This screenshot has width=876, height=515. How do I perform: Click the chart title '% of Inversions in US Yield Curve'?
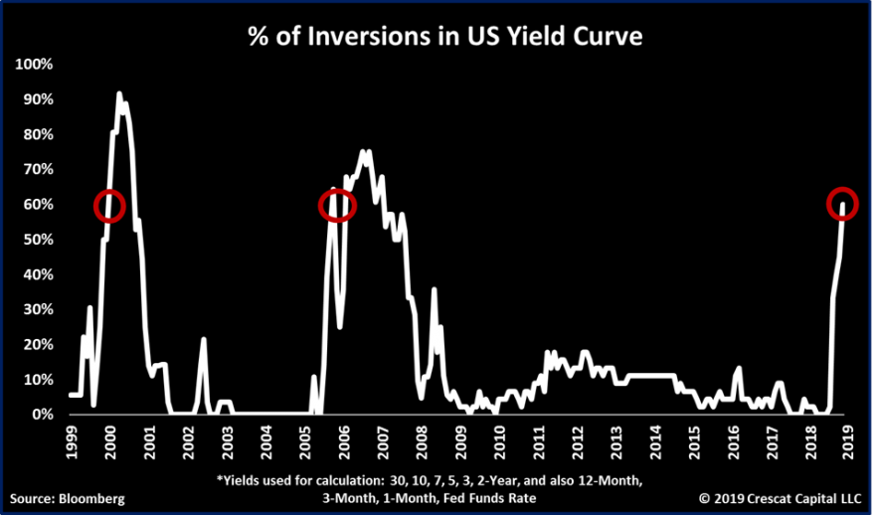point(445,37)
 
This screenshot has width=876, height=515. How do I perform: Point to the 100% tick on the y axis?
point(34,65)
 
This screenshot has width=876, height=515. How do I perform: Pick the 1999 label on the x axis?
point(72,441)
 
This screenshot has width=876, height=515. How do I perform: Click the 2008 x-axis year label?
point(422,441)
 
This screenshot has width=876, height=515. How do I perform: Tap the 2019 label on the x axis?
point(848,441)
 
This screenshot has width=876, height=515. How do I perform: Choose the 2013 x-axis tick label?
point(616,441)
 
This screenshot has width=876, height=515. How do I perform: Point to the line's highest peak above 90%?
point(119,93)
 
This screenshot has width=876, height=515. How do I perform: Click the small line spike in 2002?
point(204,338)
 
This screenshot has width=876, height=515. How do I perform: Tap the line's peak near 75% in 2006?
point(363,151)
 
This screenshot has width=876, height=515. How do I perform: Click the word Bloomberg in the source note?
point(92,499)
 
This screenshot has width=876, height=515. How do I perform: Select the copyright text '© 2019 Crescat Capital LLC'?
point(780,499)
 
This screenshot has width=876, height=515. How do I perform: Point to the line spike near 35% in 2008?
point(435,289)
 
